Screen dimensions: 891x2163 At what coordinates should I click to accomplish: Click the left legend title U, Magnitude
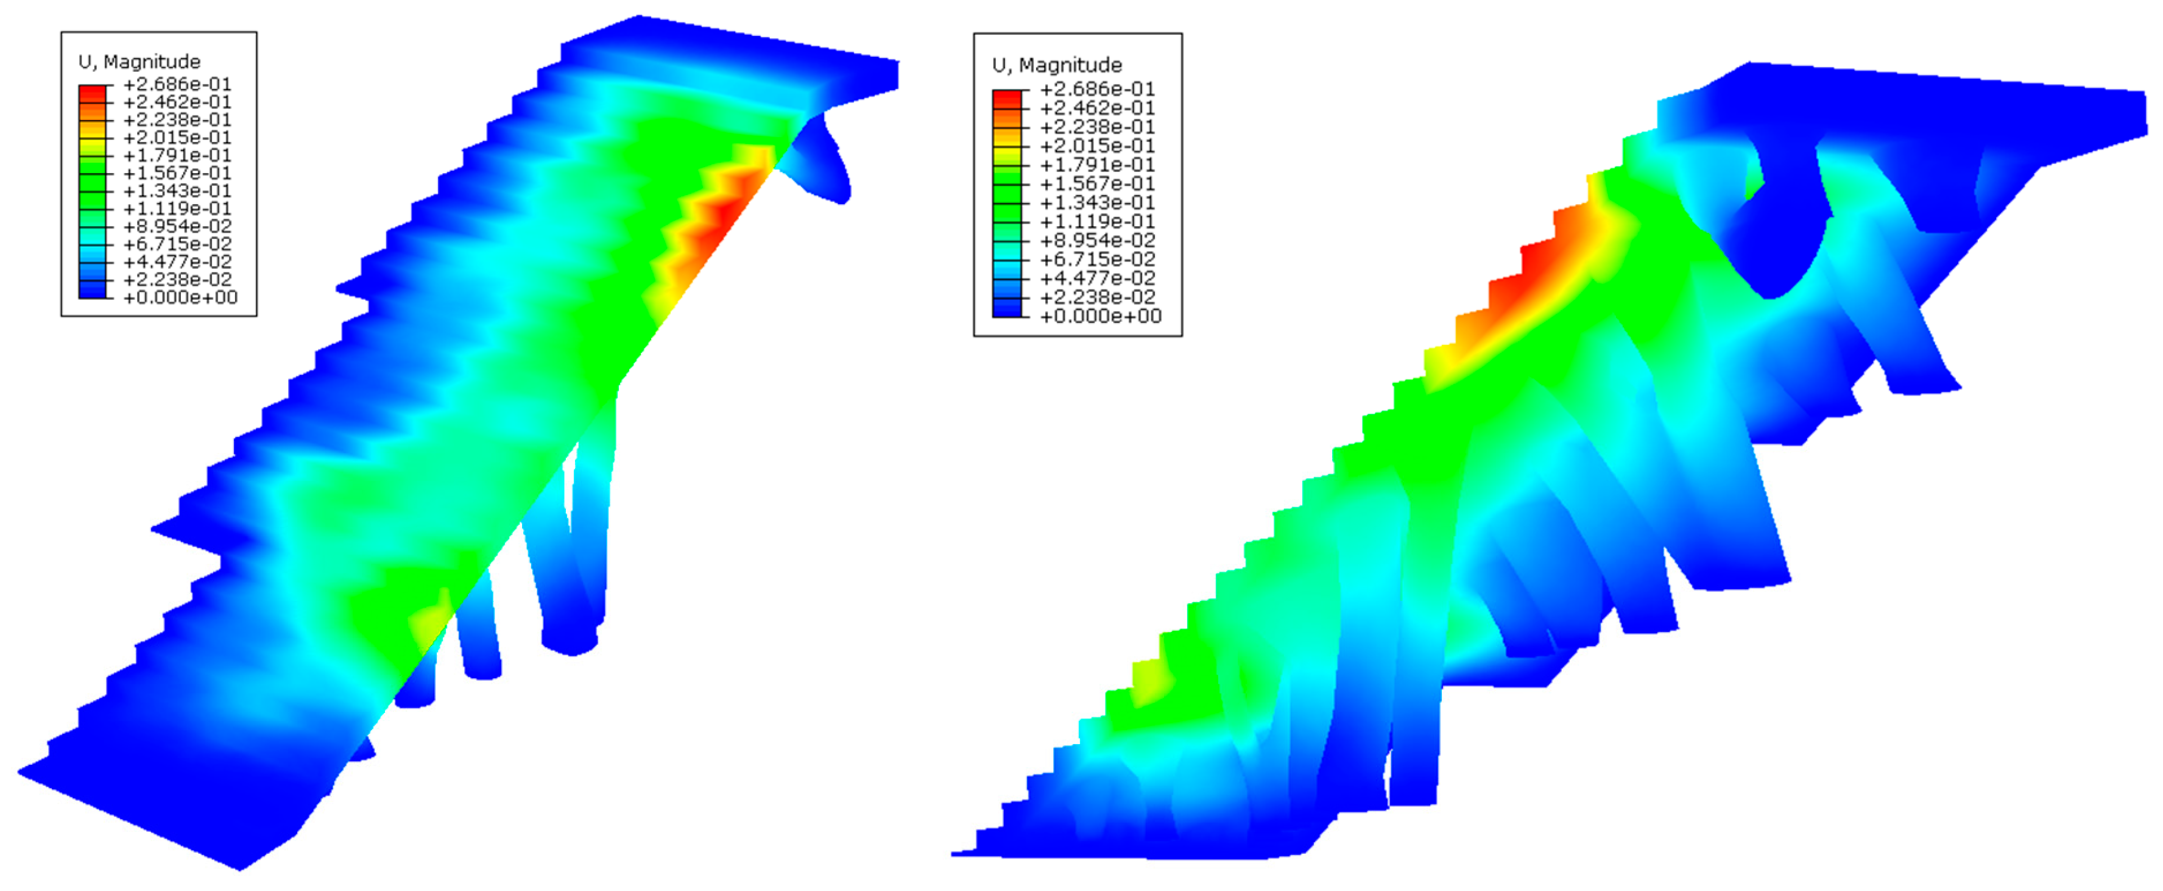pos(139,62)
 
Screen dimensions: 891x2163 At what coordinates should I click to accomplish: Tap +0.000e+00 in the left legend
pos(180,297)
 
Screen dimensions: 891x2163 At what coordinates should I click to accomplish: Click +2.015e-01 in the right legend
pos(1096,145)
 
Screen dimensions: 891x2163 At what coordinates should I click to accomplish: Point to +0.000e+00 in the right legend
pos(1100,316)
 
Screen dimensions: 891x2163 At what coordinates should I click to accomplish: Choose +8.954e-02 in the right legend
pos(1096,240)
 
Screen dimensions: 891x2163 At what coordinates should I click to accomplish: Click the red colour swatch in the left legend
pos(93,93)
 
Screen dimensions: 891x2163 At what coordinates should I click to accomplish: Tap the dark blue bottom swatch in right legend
pos(1007,308)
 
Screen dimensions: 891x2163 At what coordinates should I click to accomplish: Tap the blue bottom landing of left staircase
pos(168,798)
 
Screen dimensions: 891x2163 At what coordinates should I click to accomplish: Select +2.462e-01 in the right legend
pos(1096,107)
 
